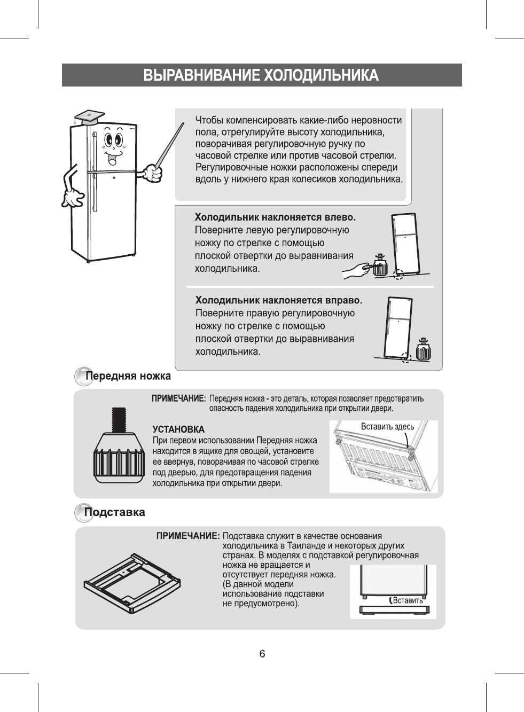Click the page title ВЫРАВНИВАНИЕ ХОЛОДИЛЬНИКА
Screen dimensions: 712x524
(x=261, y=75)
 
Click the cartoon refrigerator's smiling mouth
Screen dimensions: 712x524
(x=113, y=158)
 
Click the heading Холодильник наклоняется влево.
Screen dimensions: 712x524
(x=275, y=217)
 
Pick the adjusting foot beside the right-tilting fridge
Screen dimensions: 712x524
(x=423, y=349)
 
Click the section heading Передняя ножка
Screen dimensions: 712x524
(x=129, y=376)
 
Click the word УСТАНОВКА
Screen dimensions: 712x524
(x=178, y=429)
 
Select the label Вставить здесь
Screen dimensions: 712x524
(x=387, y=426)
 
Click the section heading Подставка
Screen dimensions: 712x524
(x=115, y=512)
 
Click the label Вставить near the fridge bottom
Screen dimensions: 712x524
(x=408, y=600)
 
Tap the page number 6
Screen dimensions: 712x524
(x=262, y=654)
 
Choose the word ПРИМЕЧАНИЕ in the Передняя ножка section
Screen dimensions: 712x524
(x=179, y=398)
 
